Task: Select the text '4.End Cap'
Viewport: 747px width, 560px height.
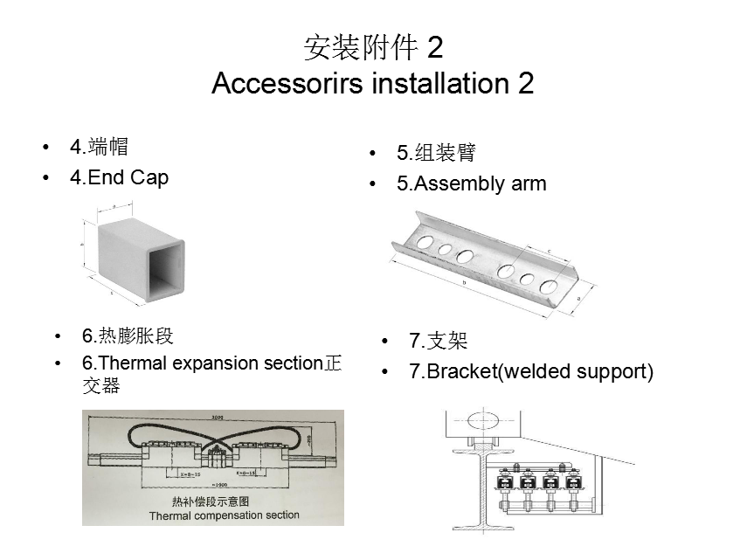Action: (x=119, y=177)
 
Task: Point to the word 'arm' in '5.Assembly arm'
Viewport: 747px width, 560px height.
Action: (x=527, y=183)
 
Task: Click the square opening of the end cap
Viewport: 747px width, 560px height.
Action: (x=167, y=272)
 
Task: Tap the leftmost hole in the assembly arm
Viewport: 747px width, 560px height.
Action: (x=424, y=239)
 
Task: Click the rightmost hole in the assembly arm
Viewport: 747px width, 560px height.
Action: (x=550, y=287)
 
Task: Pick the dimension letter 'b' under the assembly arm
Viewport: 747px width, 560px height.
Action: (x=465, y=284)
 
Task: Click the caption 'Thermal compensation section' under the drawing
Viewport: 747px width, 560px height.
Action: (x=224, y=515)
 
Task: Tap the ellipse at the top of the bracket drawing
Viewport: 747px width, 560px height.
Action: (x=480, y=421)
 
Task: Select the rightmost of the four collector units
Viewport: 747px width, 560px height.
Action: (x=574, y=481)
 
